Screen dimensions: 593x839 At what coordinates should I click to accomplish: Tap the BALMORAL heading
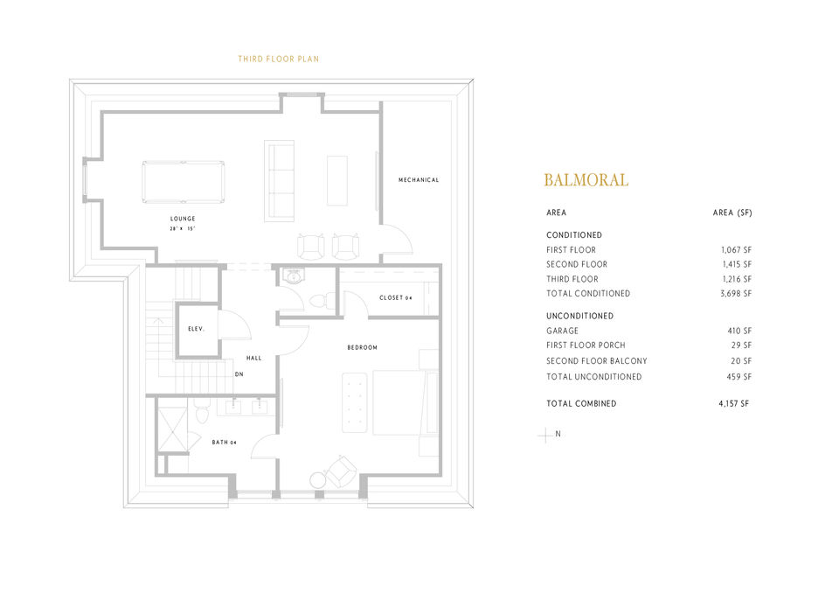tap(586, 180)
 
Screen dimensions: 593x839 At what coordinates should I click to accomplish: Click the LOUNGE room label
tap(183, 219)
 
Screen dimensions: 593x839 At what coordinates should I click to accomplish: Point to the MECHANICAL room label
tap(419, 180)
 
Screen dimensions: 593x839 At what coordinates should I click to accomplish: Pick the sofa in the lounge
tap(280, 180)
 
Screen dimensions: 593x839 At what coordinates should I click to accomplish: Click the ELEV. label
tap(196, 329)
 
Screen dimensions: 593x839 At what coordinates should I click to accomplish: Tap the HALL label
tap(253, 358)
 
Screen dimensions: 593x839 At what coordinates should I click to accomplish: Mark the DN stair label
tap(239, 374)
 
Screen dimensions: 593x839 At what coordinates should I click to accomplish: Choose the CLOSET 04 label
tap(395, 298)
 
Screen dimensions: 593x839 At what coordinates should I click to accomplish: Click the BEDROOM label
tap(362, 348)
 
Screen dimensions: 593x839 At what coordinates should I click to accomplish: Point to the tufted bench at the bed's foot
tap(354, 402)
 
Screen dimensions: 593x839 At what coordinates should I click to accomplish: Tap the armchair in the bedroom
tap(339, 473)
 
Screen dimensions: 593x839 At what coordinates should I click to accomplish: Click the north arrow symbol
tap(545, 434)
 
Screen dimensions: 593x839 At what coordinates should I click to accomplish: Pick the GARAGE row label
tap(562, 331)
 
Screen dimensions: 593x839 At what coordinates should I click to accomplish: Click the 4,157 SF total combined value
tap(733, 403)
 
